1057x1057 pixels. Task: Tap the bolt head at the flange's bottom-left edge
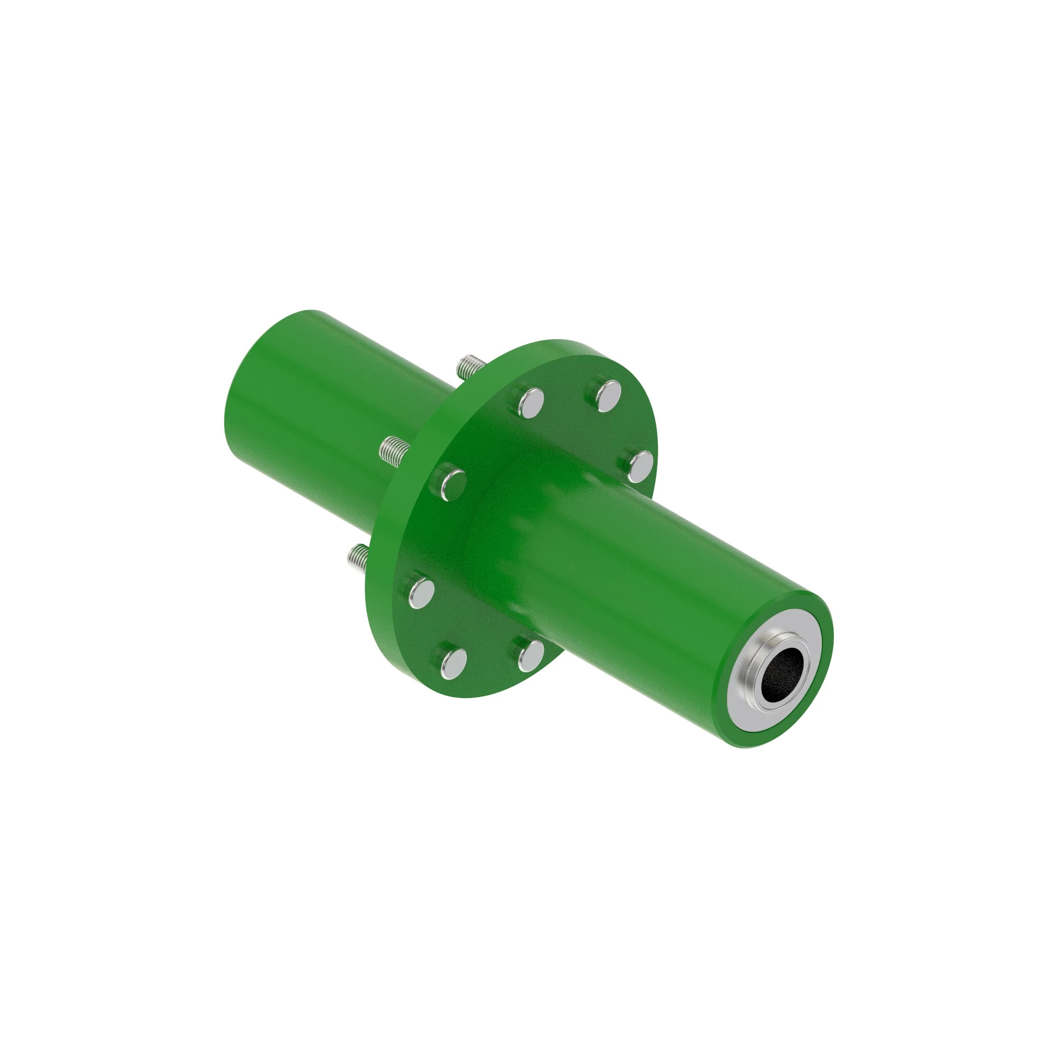pyautogui.click(x=453, y=662)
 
